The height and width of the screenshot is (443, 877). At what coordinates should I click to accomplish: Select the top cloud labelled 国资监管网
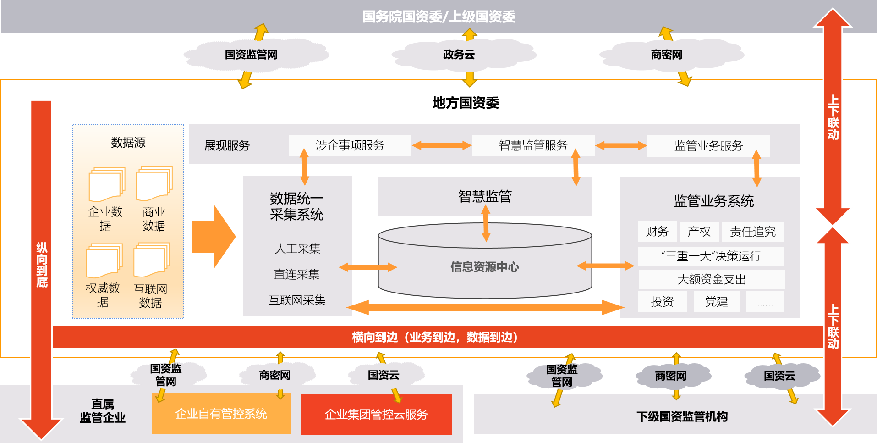(251, 55)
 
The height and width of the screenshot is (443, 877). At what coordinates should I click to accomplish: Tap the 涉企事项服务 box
(350, 145)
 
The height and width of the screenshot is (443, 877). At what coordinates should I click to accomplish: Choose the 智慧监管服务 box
(533, 145)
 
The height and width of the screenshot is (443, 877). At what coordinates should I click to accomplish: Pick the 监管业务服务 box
(708, 146)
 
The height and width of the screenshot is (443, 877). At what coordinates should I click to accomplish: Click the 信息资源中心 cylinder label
(484, 267)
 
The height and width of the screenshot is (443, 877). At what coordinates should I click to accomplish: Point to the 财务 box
(657, 232)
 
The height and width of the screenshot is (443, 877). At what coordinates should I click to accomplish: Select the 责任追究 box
(752, 232)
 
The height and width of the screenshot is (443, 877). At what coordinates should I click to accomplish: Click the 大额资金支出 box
(712, 279)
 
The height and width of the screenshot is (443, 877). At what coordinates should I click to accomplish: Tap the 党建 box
(717, 302)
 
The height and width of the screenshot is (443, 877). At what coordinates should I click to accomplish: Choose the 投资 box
(662, 302)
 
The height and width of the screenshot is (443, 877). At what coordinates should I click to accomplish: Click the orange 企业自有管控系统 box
(221, 414)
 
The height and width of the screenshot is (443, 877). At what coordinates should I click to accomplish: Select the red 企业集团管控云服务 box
(376, 414)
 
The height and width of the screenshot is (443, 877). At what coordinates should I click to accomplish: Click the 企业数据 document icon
(107, 184)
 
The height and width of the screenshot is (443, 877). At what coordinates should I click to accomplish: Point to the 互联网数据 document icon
(151, 260)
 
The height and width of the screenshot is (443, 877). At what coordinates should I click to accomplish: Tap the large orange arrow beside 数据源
(214, 237)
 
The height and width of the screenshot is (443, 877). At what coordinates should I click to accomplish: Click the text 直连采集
(296, 274)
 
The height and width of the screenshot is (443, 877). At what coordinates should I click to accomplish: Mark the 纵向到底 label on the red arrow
(42, 265)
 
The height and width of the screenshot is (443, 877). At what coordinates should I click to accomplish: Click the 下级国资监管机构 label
(682, 416)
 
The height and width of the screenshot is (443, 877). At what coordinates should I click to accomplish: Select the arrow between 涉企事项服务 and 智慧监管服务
(441, 145)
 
